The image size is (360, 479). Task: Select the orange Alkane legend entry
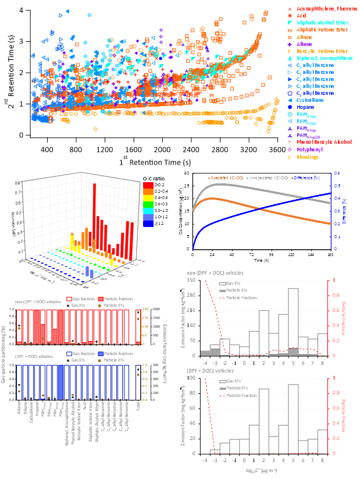[x=302, y=37]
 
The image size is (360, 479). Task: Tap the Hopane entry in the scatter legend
[x=305, y=107]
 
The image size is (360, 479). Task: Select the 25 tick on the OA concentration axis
[x=187, y=186]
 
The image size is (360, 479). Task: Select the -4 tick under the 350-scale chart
[x=205, y=363]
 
